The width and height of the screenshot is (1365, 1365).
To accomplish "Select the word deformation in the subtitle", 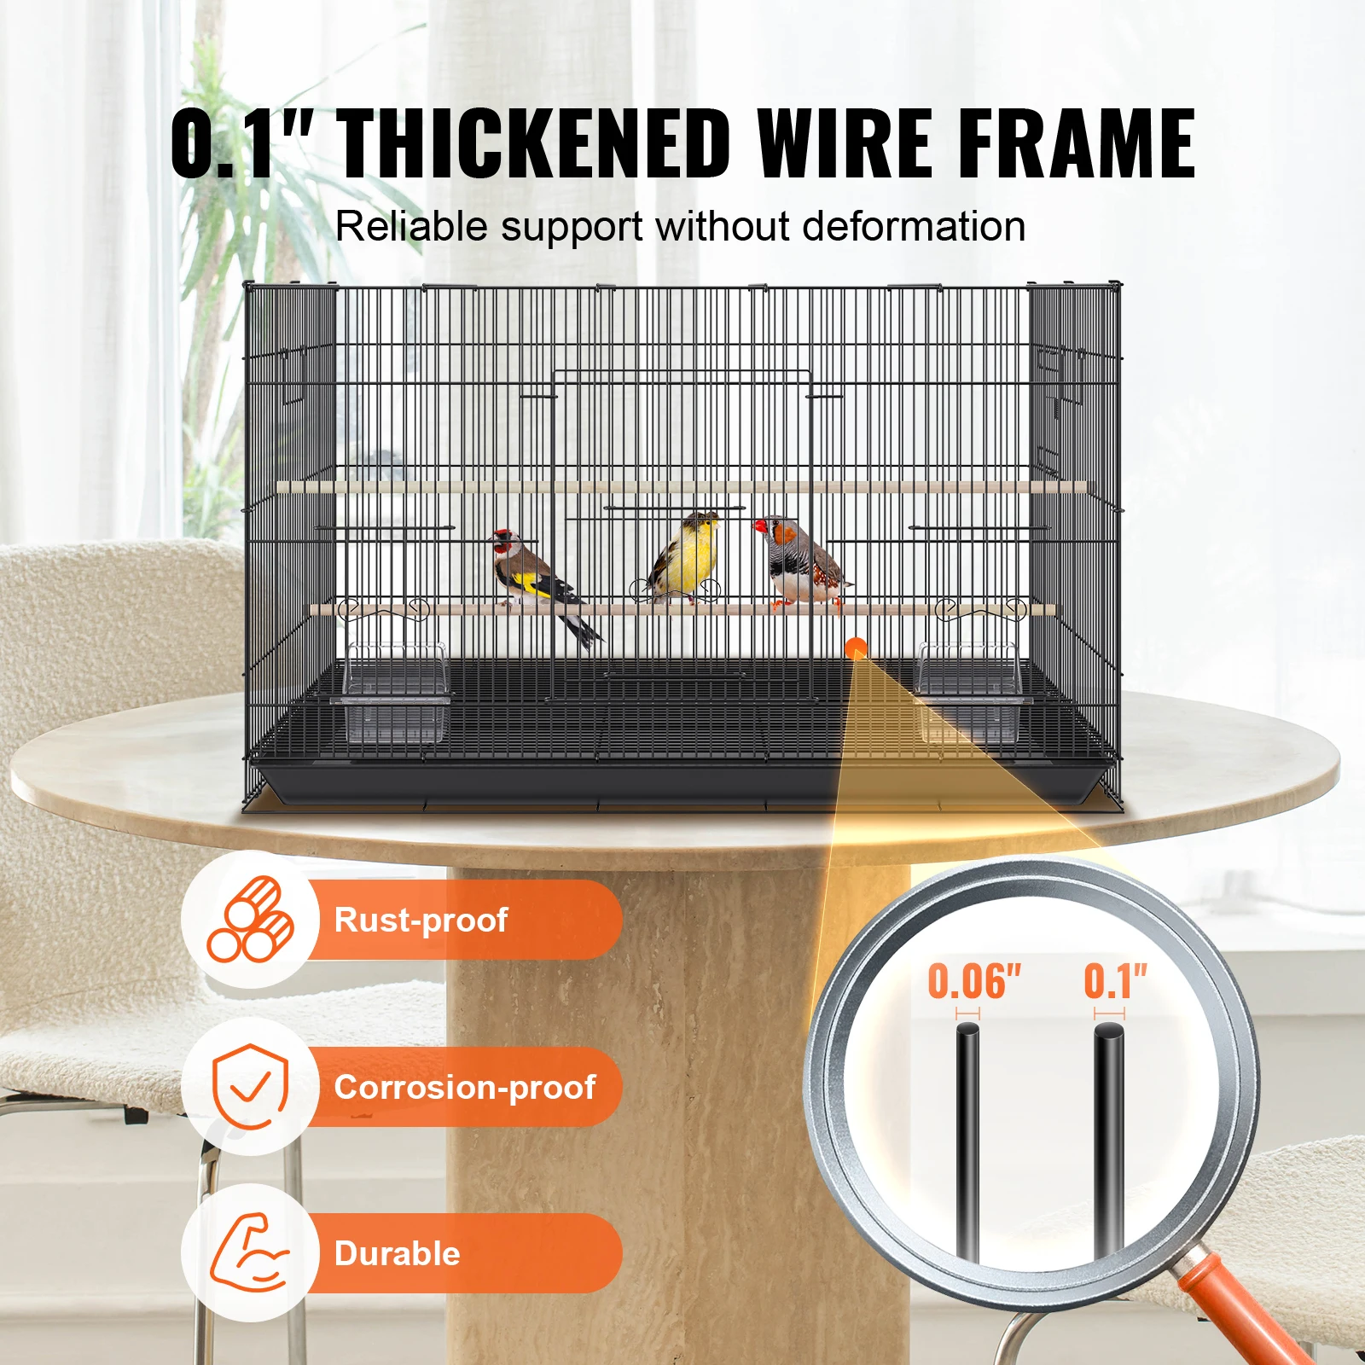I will coord(914,227).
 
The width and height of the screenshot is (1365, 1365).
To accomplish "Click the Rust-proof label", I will coord(421,920).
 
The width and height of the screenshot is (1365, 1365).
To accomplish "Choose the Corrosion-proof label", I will coord(464,1087).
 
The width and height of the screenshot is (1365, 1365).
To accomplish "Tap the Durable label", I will coord(397,1253).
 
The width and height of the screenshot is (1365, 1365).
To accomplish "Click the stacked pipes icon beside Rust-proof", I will coord(250,920).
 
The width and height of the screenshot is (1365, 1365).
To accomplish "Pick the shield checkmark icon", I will coord(249,1086).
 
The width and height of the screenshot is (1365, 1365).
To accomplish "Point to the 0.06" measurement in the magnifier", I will coord(973,981).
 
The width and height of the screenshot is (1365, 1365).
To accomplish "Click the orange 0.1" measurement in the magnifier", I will coord(1114,981).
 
